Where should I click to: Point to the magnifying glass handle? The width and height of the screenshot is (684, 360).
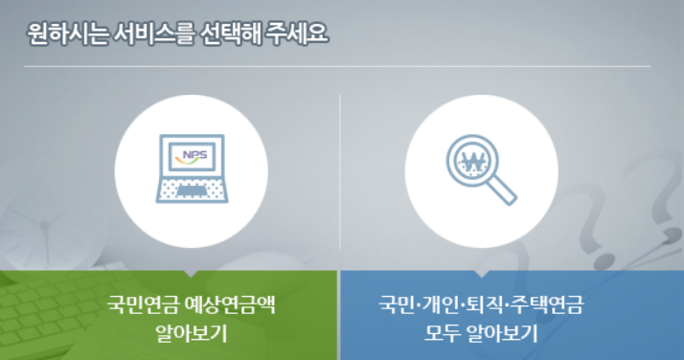pos(506,193)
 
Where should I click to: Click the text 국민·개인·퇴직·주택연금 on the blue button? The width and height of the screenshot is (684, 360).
pos(482,305)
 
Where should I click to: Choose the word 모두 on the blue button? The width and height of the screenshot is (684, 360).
pos(442,334)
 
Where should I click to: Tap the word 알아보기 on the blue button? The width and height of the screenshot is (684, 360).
pos(502,334)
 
